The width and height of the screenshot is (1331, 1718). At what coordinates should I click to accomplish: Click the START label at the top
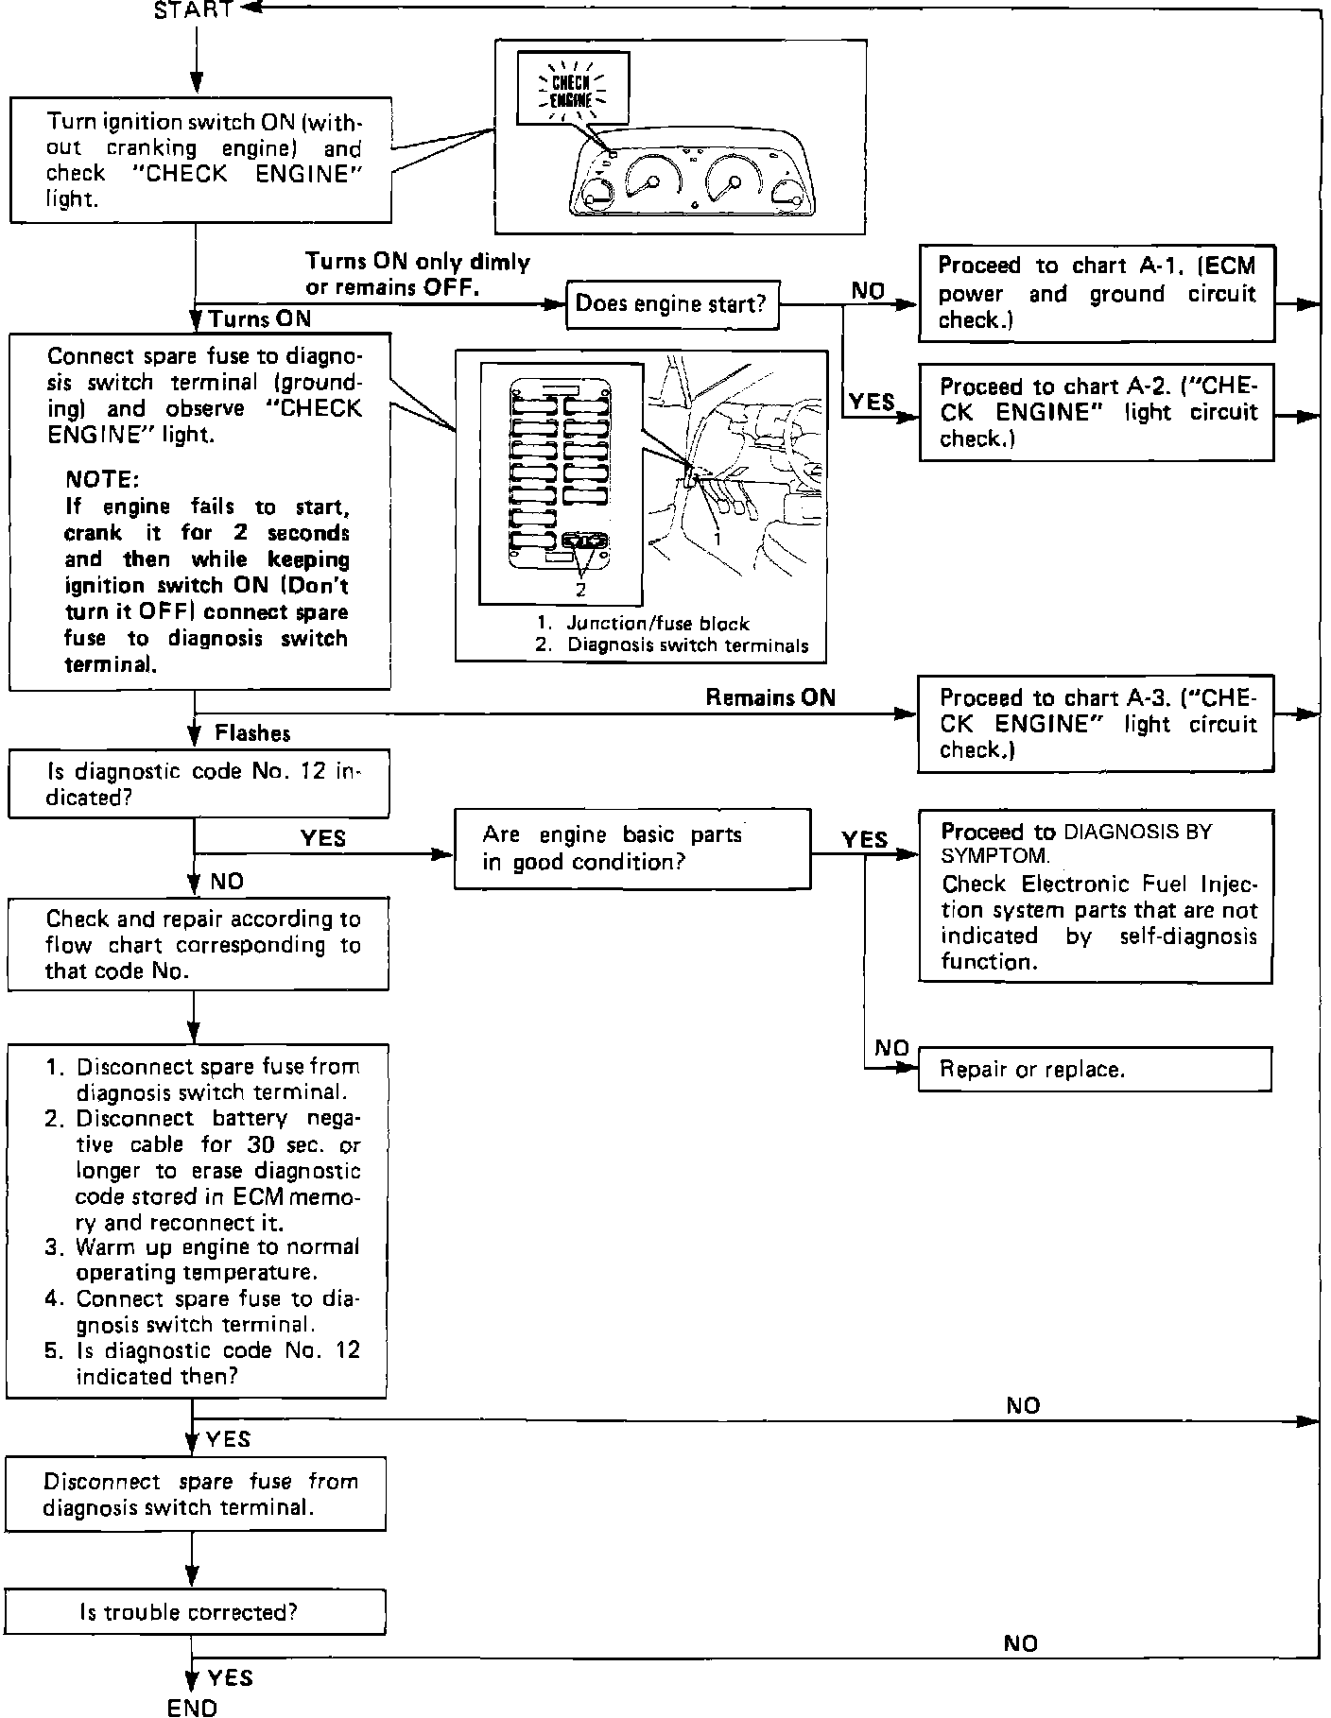tap(193, 10)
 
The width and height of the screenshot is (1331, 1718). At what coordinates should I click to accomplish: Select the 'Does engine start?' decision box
tap(672, 304)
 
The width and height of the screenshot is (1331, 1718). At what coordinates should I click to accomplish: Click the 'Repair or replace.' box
tap(1095, 1070)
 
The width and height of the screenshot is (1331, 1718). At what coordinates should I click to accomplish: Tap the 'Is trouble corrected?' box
tap(196, 1612)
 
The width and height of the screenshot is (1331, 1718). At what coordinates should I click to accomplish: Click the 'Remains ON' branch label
tap(770, 697)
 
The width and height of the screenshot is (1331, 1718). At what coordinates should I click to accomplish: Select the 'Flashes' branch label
tap(252, 733)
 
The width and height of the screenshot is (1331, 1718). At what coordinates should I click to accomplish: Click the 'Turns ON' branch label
tap(260, 318)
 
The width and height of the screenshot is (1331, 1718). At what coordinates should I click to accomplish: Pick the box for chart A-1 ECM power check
tap(1096, 293)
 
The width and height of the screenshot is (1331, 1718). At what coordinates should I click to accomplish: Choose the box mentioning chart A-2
tap(1097, 412)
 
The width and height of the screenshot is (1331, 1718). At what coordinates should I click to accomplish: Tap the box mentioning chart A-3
tap(1097, 723)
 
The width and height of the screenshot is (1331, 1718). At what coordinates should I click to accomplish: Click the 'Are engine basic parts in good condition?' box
tap(632, 849)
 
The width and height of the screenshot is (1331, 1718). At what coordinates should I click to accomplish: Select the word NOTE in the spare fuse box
tap(102, 479)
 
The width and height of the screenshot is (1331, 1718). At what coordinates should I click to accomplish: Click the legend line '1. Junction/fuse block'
tap(643, 624)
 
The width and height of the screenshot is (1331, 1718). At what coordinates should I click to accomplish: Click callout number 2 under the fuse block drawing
tap(580, 589)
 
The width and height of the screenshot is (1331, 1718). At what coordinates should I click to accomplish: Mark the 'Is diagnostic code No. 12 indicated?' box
tap(199, 783)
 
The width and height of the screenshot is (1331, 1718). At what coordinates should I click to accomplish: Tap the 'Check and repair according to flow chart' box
tap(199, 944)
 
